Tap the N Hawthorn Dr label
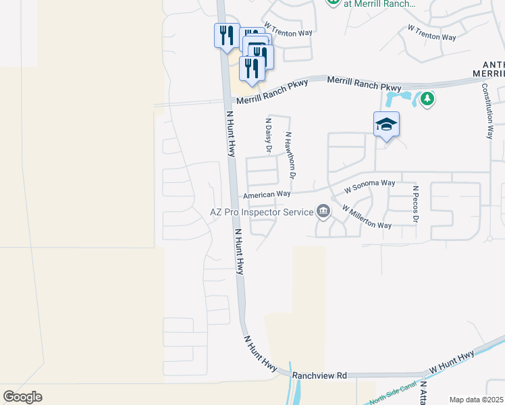click(290, 155)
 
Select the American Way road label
click(267, 194)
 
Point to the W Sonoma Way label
click(369, 184)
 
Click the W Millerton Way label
click(367, 217)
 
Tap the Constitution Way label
click(487, 111)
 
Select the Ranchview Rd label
click(320, 375)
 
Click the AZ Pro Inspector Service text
click(261, 212)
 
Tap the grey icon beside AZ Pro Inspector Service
click(323, 212)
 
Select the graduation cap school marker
click(386, 124)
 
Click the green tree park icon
click(426, 100)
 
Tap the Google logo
click(22, 397)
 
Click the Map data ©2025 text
click(475, 400)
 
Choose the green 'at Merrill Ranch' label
click(379, 3)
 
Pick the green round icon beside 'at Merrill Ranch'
click(333, 2)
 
